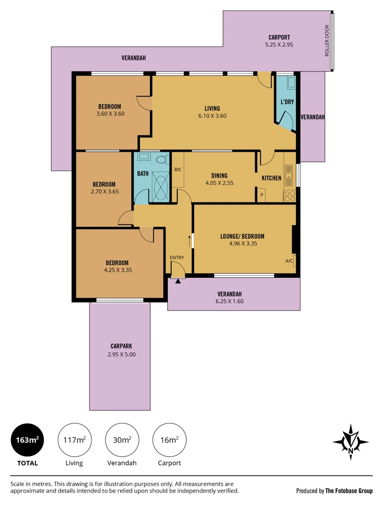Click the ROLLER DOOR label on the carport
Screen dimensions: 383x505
(x=327, y=40)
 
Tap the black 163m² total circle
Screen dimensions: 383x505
(x=27, y=440)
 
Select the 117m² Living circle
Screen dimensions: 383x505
(x=75, y=440)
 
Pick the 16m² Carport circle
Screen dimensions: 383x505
(x=170, y=440)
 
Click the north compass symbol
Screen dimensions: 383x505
(x=351, y=442)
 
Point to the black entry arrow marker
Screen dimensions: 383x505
(x=178, y=281)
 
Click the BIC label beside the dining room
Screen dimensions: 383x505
(x=178, y=169)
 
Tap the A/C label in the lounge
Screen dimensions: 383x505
(x=289, y=261)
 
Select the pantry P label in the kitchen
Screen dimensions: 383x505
(x=262, y=195)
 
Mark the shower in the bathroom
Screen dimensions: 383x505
(x=160, y=187)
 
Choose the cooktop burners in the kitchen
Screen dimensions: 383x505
(x=289, y=196)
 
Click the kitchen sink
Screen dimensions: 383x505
(x=289, y=175)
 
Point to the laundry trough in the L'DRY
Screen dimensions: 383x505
(x=292, y=82)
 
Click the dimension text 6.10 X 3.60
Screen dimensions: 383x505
(x=212, y=116)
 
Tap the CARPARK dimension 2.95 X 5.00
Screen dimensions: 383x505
(x=122, y=355)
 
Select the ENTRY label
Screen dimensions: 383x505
(x=177, y=258)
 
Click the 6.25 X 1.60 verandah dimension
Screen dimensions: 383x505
(x=230, y=302)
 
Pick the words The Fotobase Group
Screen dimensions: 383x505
(x=349, y=491)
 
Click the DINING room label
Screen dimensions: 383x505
(x=220, y=175)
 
